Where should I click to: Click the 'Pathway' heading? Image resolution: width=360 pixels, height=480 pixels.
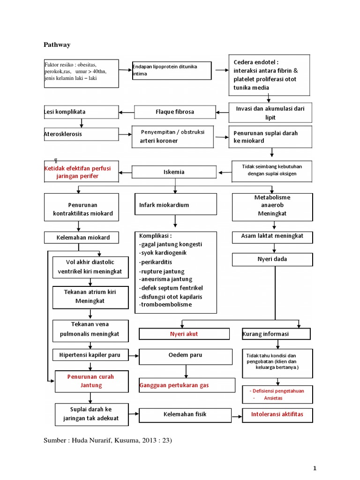coord(57,45)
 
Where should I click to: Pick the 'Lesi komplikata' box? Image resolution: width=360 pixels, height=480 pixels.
coord(81,112)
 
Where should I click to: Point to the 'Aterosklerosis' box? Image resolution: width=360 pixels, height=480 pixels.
coord(81,134)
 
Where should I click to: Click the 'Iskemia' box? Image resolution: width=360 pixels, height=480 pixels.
coord(175,172)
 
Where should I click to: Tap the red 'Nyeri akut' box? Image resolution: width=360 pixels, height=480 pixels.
coord(184,334)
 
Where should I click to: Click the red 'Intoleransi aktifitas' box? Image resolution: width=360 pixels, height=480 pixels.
coord(277,414)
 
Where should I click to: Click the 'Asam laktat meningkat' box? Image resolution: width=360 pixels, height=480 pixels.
coord(272,236)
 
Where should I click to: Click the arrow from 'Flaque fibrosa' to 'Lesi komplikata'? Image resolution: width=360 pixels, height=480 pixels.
coord(127,112)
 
